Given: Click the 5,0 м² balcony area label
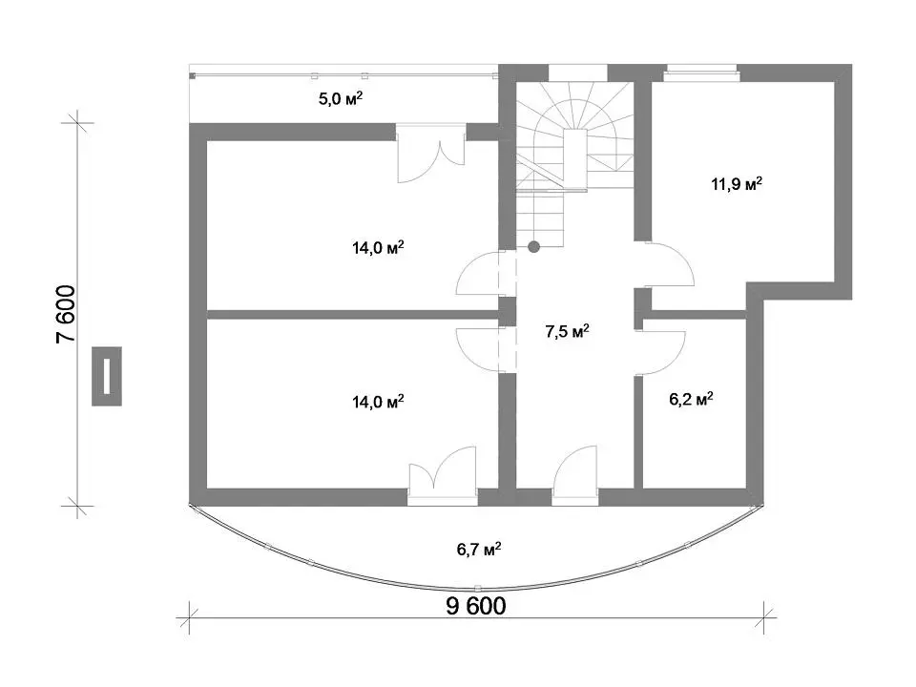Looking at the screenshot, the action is coord(340,98).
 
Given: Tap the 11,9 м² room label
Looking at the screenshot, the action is coord(736,184).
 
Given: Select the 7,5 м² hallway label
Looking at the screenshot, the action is coord(567,331).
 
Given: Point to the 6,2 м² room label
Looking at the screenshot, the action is coord(691,400).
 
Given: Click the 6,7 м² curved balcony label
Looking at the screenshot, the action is coord(478,550).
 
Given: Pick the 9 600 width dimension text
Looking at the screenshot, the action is coord(476,606).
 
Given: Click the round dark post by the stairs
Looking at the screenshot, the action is coord(533,246).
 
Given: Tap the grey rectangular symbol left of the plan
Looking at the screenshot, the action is coord(107,376).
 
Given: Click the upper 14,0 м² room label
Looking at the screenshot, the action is coord(378,248).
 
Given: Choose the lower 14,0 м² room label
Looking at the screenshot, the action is coord(378,402).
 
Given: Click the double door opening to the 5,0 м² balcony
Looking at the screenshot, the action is coord(430,153).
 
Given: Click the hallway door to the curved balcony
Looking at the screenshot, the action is coord(574,474).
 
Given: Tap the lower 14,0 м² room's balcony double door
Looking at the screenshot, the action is coord(442,474).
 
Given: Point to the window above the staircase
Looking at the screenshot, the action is coord(578,73).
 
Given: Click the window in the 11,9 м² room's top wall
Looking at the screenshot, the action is coord(702,73).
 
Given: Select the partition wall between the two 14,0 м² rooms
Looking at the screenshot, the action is coord(352,314).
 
